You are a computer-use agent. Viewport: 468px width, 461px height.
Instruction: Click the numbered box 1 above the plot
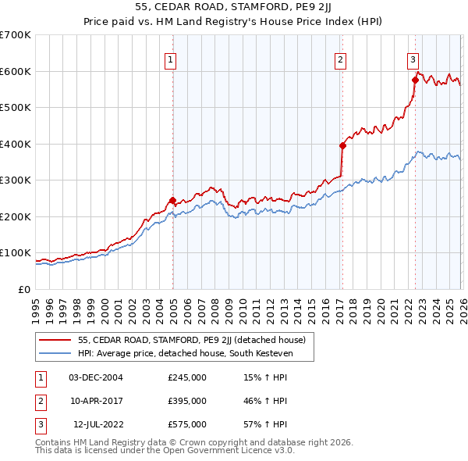click(x=170, y=59)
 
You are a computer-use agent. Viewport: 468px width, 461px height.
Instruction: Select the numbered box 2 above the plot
click(x=341, y=59)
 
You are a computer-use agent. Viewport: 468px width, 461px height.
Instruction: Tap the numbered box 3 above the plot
click(x=413, y=59)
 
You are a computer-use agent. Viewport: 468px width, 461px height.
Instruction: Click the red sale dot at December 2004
click(x=172, y=200)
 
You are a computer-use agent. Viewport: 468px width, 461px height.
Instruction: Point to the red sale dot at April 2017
click(x=342, y=145)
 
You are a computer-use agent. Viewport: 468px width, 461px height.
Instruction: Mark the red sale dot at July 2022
click(x=415, y=80)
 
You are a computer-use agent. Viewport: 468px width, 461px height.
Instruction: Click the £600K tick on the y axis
click(x=16, y=71)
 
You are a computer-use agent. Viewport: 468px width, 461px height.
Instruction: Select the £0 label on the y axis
click(x=23, y=289)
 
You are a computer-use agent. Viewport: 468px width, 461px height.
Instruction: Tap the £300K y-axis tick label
click(x=16, y=180)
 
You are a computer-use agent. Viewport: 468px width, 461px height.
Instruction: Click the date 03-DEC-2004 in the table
click(x=96, y=377)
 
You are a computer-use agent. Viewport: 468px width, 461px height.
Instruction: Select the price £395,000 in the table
click(x=187, y=401)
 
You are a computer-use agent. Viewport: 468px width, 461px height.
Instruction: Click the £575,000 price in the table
click(x=187, y=424)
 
